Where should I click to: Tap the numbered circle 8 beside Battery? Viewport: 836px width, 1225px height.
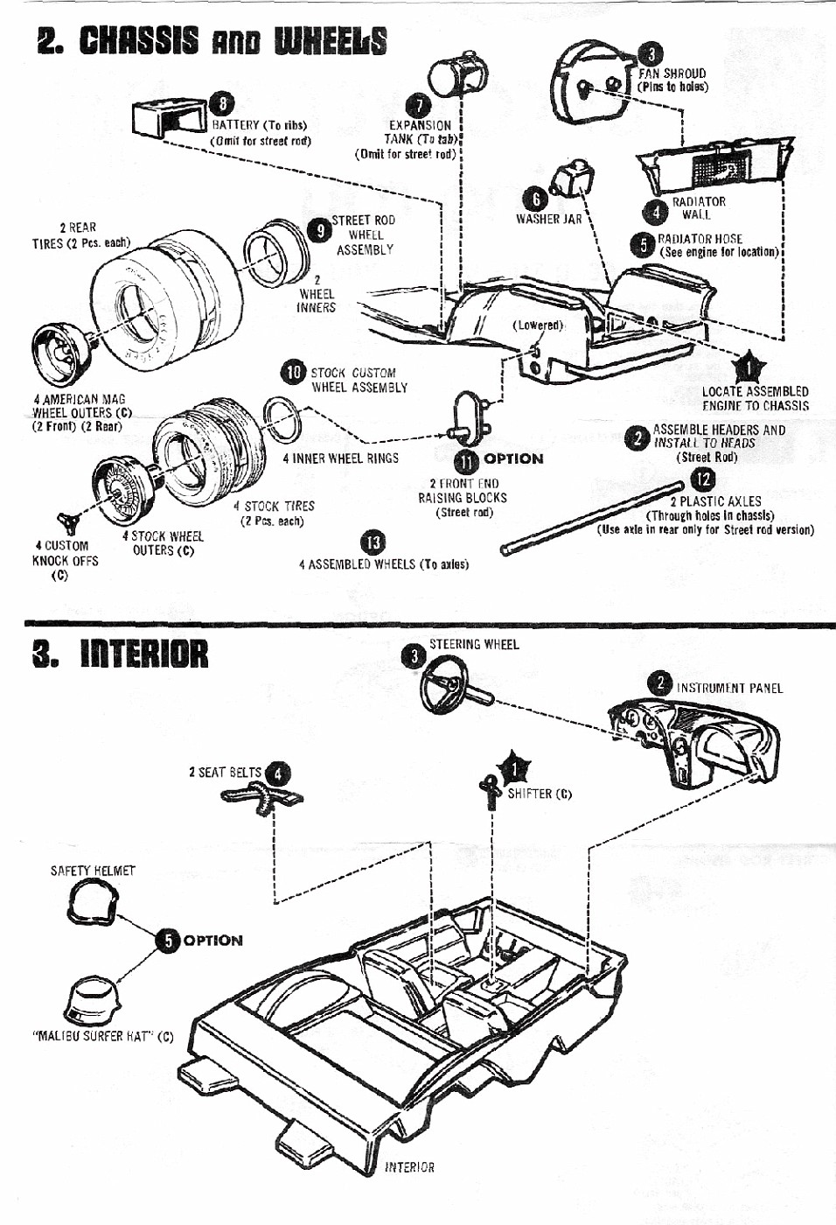click(x=223, y=104)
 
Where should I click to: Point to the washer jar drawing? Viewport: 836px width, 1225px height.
click(x=574, y=178)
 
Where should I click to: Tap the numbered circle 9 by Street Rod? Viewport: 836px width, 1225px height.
click(x=319, y=230)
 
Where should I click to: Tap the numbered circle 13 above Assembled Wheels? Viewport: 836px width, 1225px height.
click(x=373, y=542)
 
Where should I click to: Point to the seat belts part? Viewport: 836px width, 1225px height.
click(x=261, y=796)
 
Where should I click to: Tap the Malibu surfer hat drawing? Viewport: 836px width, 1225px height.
click(x=98, y=1000)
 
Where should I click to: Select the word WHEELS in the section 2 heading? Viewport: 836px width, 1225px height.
click(x=330, y=41)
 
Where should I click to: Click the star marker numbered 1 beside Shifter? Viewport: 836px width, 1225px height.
click(x=514, y=769)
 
